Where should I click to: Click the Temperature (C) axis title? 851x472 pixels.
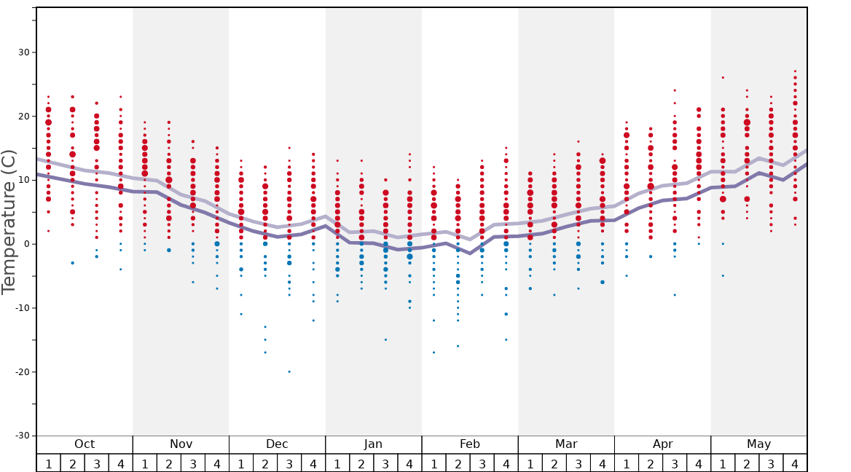tap(9, 221)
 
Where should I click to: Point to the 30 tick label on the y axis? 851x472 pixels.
tap(23, 52)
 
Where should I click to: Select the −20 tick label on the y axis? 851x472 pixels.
tap(21, 372)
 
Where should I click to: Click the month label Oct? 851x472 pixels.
tap(85, 444)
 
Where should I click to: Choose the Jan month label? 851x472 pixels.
tap(373, 444)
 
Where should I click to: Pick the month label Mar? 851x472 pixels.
tap(566, 444)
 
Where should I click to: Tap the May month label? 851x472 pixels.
tap(758, 444)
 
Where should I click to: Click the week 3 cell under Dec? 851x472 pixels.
tap(289, 464)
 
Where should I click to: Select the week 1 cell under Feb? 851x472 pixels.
tap(434, 464)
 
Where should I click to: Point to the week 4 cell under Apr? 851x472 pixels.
tap(699, 464)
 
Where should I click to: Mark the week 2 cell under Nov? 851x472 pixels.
tap(169, 464)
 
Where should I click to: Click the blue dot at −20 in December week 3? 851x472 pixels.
tap(289, 371)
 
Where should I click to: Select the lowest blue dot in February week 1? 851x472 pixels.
tap(434, 353)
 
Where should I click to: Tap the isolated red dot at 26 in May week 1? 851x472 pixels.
tap(723, 77)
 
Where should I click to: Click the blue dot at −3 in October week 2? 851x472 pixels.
tap(72, 263)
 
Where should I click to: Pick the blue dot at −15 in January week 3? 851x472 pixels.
tap(385, 339)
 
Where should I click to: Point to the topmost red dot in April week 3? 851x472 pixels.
tap(675, 90)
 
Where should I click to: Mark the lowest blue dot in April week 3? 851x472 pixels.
tap(675, 295)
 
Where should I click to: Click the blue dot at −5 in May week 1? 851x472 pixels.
tap(723, 275)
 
